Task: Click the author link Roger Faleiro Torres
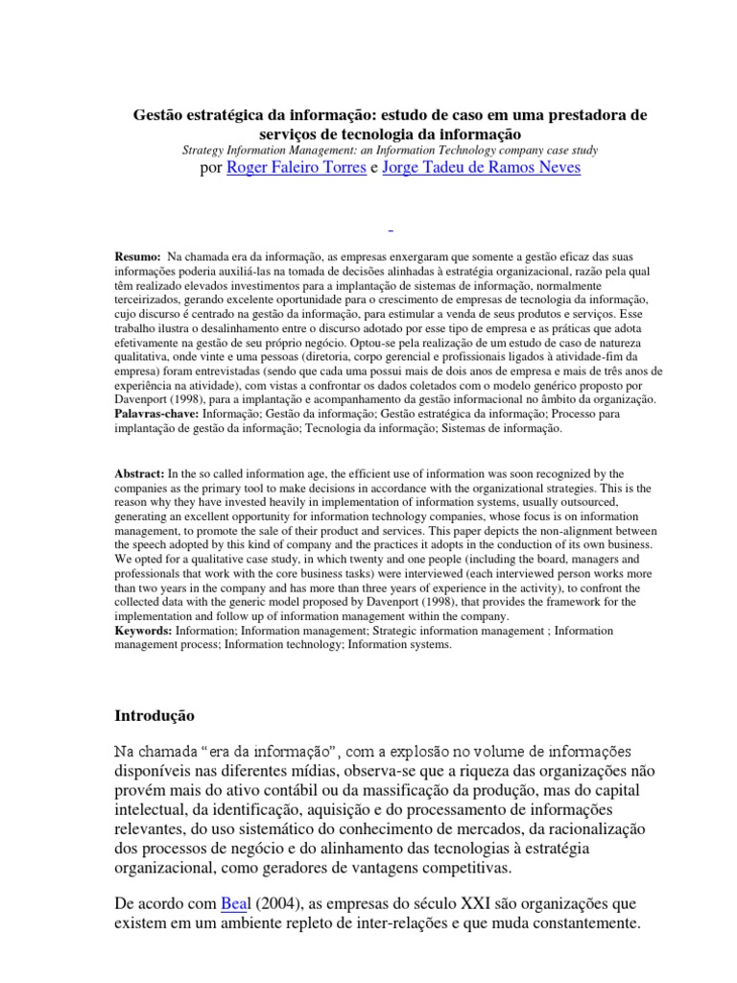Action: [x=296, y=168]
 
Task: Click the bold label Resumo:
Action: [x=137, y=258]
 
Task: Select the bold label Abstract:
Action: [x=139, y=473]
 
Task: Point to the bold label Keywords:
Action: [x=142, y=631]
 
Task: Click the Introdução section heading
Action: [x=155, y=716]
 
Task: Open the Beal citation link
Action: [x=235, y=905]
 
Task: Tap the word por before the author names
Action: [x=208, y=168]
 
